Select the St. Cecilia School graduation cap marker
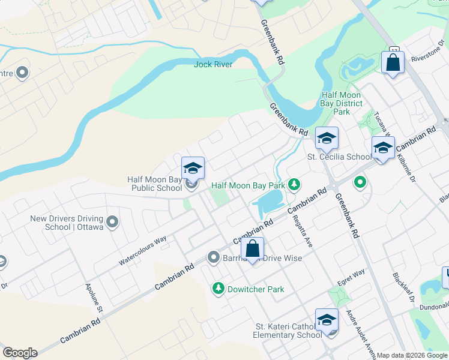click(x=327, y=139)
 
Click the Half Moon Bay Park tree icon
click(x=294, y=184)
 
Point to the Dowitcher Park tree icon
click(x=218, y=289)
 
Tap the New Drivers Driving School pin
click(x=112, y=223)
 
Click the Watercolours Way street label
click(x=142, y=251)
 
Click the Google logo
click(x=20, y=353)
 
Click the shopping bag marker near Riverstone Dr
click(x=393, y=62)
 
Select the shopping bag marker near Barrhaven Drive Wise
click(x=253, y=248)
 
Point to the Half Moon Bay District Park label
click(x=341, y=103)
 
